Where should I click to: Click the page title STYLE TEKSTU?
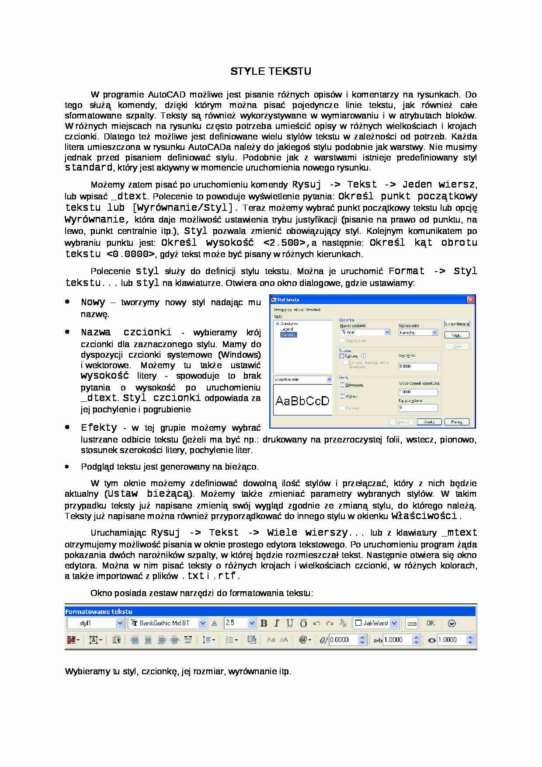(x=271, y=71)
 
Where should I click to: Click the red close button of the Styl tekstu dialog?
(x=470, y=300)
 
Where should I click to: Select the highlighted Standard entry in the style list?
(x=288, y=335)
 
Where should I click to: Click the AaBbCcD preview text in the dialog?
(x=302, y=401)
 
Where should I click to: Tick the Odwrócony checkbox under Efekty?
(x=342, y=385)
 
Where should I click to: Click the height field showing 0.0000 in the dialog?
(x=418, y=366)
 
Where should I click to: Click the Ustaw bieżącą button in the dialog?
(x=457, y=324)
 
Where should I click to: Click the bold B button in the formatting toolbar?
(x=264, y=623)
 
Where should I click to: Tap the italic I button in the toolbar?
(x=277, y=623)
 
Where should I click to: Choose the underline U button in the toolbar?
(x=290, y=623)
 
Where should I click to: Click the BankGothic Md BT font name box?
(x=164, y=623)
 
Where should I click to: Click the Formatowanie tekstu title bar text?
(x=99, y=611)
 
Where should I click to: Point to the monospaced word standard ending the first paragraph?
(x=88, y=167)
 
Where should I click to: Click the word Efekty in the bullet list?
(x=99, y=428)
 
